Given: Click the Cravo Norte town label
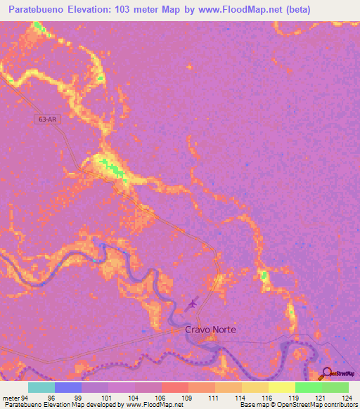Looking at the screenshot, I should (210, 329).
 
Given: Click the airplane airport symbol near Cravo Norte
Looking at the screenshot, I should (193, 304).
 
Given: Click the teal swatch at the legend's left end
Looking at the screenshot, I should (41, 387).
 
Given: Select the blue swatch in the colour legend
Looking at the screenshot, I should (68, 387).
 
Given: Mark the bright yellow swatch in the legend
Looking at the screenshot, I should (282, 387).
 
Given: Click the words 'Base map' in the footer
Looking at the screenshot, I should (252, 405).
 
